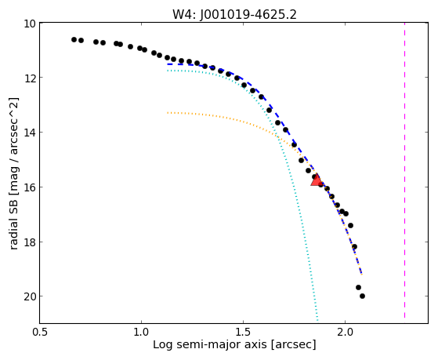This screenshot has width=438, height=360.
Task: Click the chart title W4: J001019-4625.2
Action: click(x=234, y=14)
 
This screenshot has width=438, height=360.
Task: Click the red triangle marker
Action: click(x=317, y=180)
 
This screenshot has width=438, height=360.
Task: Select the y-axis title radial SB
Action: click(x=14, y=173)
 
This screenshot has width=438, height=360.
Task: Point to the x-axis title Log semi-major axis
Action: click(x=234, y=344)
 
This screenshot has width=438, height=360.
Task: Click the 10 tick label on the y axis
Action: click(x=30, y=24)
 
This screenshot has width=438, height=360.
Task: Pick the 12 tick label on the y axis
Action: click(x=30, y=77)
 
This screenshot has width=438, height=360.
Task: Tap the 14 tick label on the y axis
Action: click(x=30, y=132)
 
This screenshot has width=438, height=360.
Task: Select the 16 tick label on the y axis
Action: click(x=30, y=187)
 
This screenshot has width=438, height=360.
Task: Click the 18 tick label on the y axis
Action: click(x=30, y=242)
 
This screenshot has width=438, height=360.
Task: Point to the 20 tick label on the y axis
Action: click(x=30, y=296)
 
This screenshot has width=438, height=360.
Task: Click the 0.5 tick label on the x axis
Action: click(x=40, y=332)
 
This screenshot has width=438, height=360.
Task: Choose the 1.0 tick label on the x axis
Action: click(x=142, y=332)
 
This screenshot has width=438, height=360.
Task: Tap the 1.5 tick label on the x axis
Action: click(x=244, y=332)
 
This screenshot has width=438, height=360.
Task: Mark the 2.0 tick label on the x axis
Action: click(x=345, y=332)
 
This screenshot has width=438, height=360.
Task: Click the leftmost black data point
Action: click(x=74, y=39)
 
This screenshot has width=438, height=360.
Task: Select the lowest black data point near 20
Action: click(x=362, y=296)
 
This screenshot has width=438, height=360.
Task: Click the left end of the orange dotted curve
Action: click(x=168, y=113)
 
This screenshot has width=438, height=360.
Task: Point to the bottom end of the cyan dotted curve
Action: click(x=317, y=320)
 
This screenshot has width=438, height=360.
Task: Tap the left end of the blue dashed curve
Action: click(x=168, y=64)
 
